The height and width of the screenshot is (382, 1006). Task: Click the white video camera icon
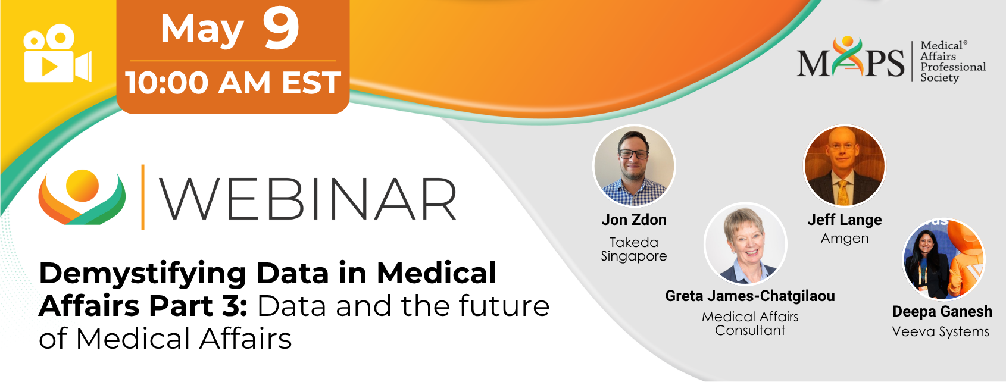pyautogui.click(x=58, y=54)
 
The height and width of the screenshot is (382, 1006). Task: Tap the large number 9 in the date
pyautogui.click(x=281, y=29)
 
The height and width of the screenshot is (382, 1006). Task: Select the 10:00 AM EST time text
pyautogui.click(x=233, y=83)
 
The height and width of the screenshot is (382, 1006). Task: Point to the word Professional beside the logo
pyautogui.click(x=953, y=67)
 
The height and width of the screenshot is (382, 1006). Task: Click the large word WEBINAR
pyautogui.click(x=308, y=199)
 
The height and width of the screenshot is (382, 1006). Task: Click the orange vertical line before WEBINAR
pyautogui.click(x=143, y=197)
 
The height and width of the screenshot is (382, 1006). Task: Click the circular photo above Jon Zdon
pyautogui.click(x=634, y=166)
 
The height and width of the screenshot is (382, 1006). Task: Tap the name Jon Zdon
pyautogui.click(x=634, y=220)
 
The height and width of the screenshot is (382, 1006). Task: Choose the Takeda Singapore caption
pyautogui.click(x=634, y=249)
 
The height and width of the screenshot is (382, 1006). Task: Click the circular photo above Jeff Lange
pyautogui.click(x=845, y=166)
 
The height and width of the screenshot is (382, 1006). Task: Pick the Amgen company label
pyautogui.click(x=845, y=239)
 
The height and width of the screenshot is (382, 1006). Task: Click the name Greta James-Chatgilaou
pyautogui.click(x=750, y=296)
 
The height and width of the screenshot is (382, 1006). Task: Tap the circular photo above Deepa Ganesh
pyautogui.click(x=944, y=259)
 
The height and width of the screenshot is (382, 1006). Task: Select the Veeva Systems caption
pyautogui.click(x=941, y=332)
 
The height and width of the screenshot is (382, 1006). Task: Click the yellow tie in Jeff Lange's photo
pyautogui.click(x=843, y=193)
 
